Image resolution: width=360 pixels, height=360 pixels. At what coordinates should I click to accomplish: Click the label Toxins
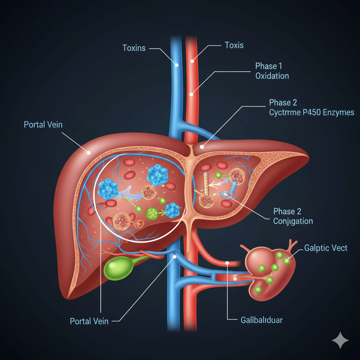coord(134,48)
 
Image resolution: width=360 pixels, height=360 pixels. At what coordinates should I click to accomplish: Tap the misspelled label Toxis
coord(234,45)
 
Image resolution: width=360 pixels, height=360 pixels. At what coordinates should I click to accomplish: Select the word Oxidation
coord(272,76)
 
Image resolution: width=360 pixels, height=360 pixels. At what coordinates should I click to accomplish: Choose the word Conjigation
coord(293,221)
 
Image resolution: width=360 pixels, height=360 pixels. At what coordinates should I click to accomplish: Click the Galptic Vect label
coord(326,248)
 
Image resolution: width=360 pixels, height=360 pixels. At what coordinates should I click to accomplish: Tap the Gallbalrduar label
coord(262,320)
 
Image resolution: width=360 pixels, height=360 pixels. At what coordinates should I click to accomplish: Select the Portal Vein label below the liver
coord(90,321)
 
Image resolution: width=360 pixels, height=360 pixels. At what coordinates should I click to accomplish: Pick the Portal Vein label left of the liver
coord(43,124)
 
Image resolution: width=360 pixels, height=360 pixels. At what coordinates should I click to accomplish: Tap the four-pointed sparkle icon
coord(340,341)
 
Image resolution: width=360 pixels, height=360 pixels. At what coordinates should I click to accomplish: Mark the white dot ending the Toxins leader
coord(177,65)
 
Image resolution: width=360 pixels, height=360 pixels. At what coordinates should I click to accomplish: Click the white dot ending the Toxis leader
coord(192,61)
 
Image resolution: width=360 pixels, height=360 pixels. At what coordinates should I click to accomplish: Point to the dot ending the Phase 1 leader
coord(191,94)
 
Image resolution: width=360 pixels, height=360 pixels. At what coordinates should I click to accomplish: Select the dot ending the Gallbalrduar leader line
coord(227,263)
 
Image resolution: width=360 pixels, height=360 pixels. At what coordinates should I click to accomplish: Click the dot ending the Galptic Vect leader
coord(287,261)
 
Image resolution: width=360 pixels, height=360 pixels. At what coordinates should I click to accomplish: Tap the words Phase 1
coord(269,66)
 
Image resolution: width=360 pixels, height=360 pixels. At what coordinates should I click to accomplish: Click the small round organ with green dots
coord(269,271)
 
